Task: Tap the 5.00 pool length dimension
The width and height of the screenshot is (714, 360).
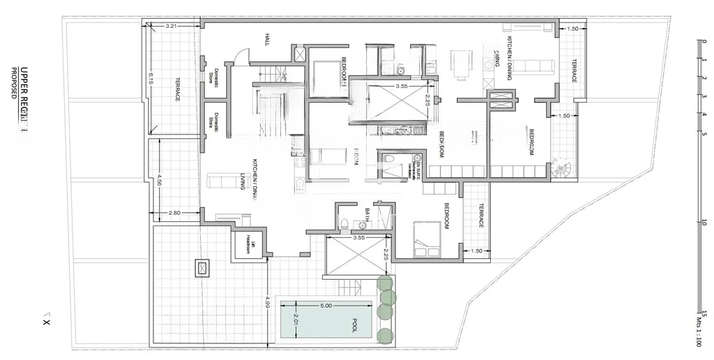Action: coord(326,305)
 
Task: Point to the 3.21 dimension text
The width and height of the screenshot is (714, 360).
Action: coord(172,26)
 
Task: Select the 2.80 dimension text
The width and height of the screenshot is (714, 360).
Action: coord(174,212)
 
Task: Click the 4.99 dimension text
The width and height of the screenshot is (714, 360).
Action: coord(268,301)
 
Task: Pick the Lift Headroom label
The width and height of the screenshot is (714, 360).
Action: coord(247,243)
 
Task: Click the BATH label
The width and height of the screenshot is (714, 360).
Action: coord(368,213)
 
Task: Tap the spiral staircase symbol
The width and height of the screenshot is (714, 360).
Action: coord(560,168)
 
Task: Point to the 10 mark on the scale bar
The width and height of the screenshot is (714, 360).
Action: coord(705,223)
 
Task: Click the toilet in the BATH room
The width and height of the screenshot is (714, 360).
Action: coord(344,223)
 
